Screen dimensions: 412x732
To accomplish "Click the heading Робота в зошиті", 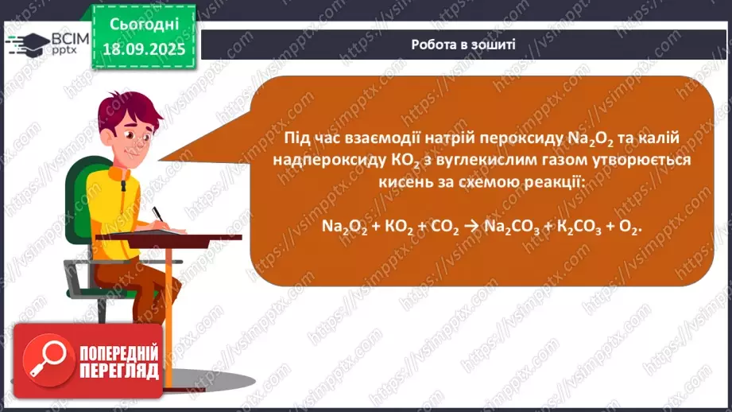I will coord(463,45).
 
